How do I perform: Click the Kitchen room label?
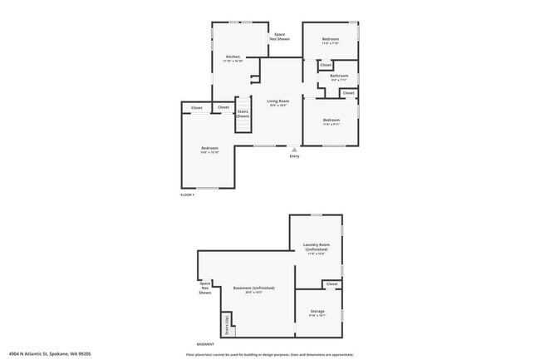(233, 57)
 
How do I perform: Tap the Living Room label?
(277, 101)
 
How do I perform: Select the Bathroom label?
(339, 76)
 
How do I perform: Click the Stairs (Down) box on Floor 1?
(243, 113)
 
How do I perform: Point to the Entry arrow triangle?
(293, 150)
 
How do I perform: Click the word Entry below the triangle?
(294, 156)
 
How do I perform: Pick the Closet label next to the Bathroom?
(326, 65)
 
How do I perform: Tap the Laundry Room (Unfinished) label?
(316, 247)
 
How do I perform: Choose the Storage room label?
(317, 312)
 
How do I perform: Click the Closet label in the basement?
(331, 284)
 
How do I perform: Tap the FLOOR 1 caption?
(187, 195)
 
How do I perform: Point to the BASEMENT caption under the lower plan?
(205, 343)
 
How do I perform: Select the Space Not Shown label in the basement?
(205, 288)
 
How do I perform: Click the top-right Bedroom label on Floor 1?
(331, 38)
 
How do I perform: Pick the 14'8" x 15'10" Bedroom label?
(209, 149)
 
